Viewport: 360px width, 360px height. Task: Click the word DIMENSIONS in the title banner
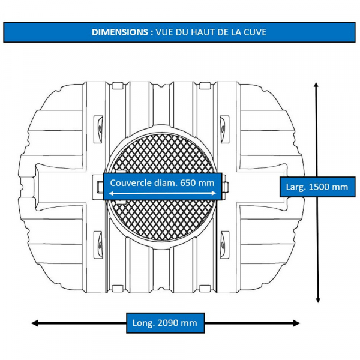pos(120,32)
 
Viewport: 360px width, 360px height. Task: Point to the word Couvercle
pos(131,183)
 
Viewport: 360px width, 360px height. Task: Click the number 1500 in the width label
pos(318,187)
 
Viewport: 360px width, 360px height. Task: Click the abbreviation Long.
pos(143,323)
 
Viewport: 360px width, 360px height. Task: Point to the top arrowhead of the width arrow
pos(316,85)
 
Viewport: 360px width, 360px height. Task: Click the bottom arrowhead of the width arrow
pos(318,300)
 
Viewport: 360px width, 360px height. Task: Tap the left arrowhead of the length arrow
pos(34,323)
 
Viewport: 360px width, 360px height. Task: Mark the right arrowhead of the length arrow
pos(297,323)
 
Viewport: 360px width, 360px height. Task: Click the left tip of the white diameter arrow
pos(109,194)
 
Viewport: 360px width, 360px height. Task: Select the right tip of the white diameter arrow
pos(216,193)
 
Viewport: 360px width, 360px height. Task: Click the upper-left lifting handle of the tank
pos(98,130)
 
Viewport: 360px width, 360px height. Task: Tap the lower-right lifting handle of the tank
pos(224,245)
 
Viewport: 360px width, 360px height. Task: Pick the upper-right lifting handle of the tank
pos(224,130)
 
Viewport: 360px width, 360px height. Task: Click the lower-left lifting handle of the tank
pos(98,245)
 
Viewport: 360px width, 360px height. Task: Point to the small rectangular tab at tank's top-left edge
pos(118,86)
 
